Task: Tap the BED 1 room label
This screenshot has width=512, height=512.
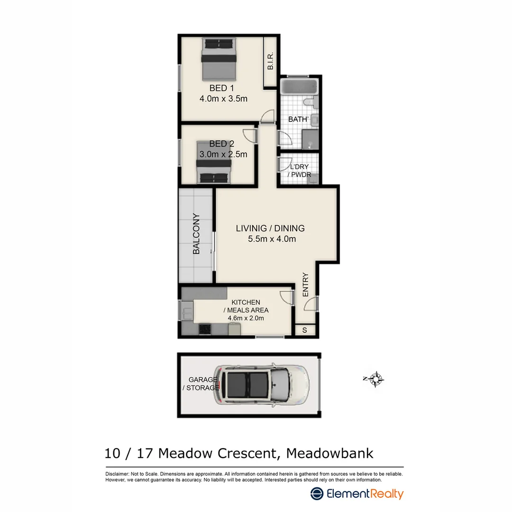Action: point(222,88)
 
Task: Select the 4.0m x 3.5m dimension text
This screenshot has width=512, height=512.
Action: point(223,99)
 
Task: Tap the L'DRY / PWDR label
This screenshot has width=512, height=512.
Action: point(297,171)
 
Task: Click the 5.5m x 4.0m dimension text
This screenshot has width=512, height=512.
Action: point(272,239)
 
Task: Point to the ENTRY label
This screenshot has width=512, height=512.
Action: point(306,284)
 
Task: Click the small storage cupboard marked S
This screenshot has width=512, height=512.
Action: point(304,330)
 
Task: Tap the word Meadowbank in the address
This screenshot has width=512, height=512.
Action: point(330,453)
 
